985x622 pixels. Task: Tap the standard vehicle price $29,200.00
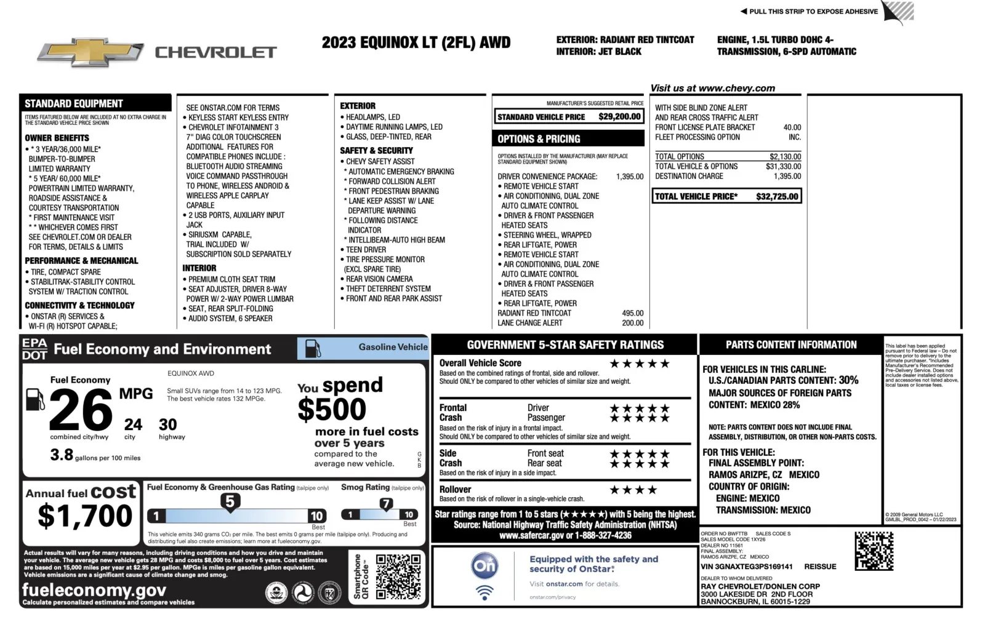click(619, 116)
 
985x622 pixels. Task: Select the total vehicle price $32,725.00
click(777, 196)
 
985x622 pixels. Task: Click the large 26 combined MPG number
click(80, 410)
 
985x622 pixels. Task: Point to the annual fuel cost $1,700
click(85, 516)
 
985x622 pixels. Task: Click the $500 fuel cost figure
click(332, 410)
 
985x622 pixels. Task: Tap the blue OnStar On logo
click(484, 565)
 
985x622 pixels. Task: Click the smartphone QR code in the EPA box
click(398, 576)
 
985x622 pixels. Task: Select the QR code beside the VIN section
click(874, 551)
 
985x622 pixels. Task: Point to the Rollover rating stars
click(633, 490)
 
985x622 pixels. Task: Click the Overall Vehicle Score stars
click(640, 364)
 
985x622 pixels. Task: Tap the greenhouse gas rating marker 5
click(230, 501)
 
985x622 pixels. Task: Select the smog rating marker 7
click(386, 504)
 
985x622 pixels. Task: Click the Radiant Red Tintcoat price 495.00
click(632, 313)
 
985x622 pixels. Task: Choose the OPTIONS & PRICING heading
click(539, 139)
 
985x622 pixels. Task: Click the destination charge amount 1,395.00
click(787, 176)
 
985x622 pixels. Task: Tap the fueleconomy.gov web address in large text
click(94, 590)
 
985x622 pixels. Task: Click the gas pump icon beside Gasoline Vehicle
click(313, 348)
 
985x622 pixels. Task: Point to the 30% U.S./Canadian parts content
click(848, 380)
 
